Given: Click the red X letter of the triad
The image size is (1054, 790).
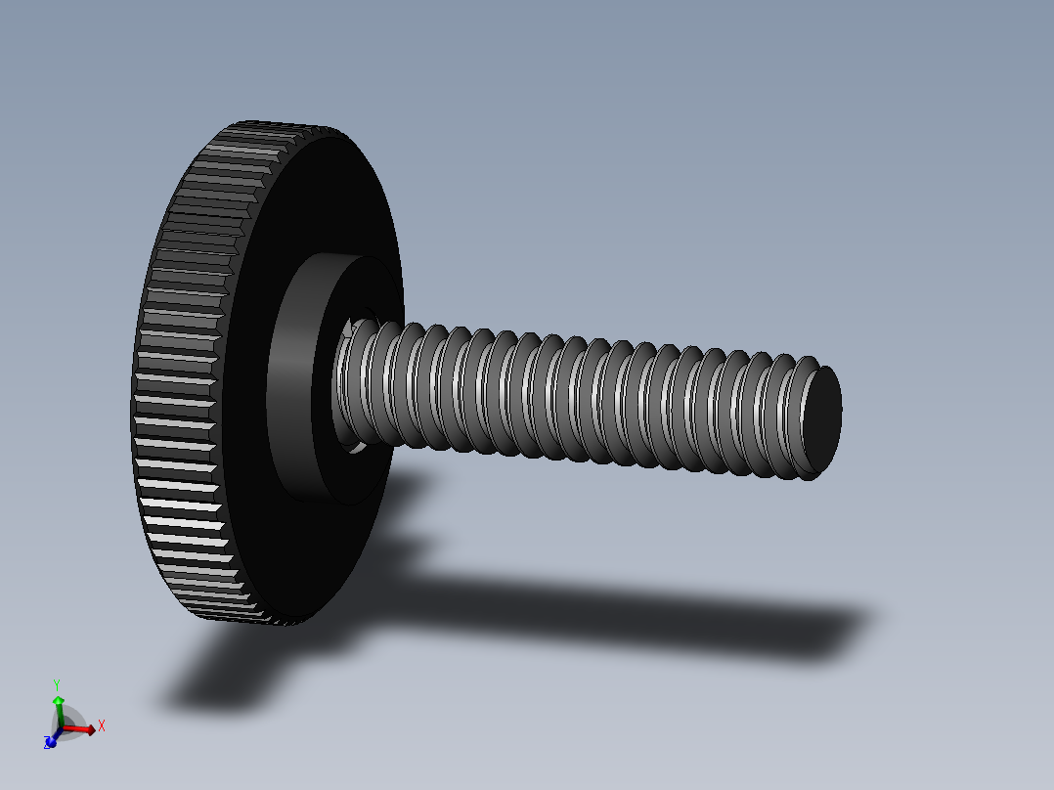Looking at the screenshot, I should point(102,725).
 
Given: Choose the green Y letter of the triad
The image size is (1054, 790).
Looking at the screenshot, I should point(58,686).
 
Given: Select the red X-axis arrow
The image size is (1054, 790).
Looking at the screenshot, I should point(82,728).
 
